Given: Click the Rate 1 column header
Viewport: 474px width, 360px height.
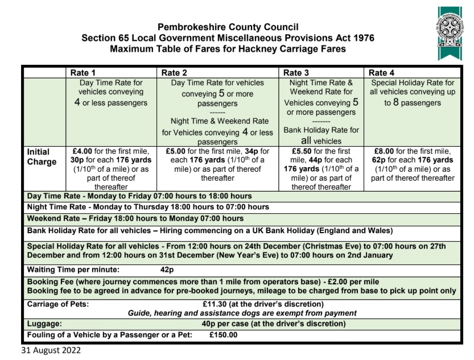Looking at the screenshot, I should (83, 73).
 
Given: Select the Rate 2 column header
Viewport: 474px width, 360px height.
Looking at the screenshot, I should (174, 73).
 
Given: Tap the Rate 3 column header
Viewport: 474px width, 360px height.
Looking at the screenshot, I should (296, 73).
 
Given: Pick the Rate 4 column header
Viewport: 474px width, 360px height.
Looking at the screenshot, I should (381, 73).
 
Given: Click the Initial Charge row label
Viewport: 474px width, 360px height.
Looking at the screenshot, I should (42, 157).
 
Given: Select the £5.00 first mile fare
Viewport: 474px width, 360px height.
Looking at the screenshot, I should (177, 152).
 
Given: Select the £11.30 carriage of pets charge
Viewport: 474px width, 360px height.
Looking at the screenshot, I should (215, 304).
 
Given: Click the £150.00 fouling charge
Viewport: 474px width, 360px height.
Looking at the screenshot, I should (223, 335).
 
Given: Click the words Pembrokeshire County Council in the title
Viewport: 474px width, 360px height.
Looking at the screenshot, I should (220, 27).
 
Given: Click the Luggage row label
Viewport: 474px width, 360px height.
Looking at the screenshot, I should (45, 324).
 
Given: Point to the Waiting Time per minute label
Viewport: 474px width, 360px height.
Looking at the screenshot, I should (73, 270).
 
